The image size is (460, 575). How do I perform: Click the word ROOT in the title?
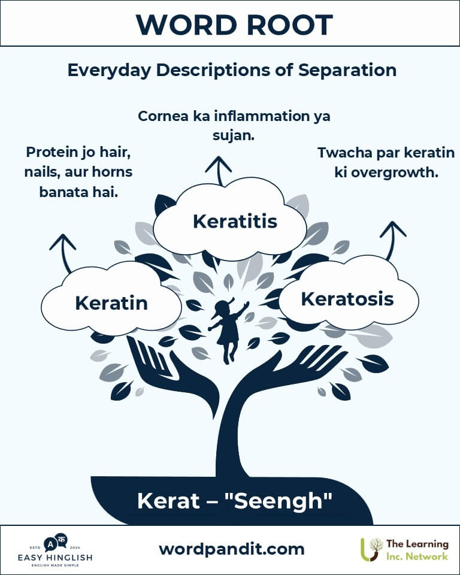(289, 25)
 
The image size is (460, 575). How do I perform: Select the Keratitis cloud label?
(235, 222)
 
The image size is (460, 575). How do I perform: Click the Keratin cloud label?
(111, 303)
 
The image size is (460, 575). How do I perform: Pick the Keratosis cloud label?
(347, 299)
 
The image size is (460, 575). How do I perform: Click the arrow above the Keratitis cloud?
(219, 171)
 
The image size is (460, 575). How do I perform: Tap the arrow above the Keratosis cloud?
(392, 240)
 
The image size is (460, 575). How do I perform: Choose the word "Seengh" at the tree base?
(278, 501)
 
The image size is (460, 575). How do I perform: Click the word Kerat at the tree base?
(168, 501)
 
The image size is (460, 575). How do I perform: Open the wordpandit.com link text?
(231, 549)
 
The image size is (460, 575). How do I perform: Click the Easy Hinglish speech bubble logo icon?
(55, 543)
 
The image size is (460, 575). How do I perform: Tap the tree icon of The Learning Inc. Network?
(371, 550)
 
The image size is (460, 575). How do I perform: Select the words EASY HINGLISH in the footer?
(55, 558)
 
